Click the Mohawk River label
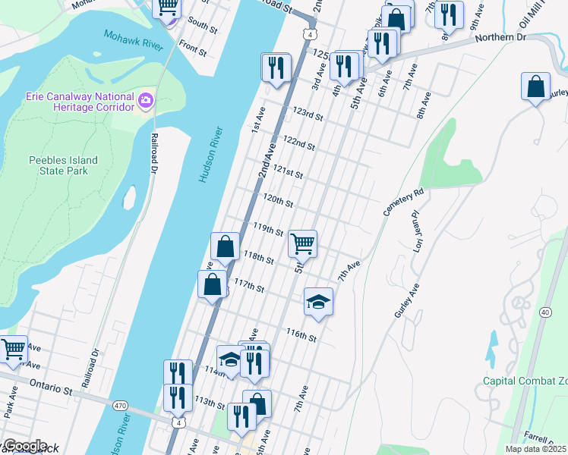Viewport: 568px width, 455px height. (133, 41)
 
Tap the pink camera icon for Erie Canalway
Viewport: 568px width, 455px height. (146, 99)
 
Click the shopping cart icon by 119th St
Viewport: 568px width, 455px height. (302, 243)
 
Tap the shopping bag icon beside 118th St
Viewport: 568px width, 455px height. (225, 246)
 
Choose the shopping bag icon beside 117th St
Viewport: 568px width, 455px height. (213, 284)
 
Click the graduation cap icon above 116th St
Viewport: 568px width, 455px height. (318, 302)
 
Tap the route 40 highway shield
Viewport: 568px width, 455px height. (544, 312)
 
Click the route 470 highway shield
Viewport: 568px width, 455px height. (120, 406)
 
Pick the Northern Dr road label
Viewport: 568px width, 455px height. (500, 36)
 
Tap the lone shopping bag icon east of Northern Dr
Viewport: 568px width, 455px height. (535, 86)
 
